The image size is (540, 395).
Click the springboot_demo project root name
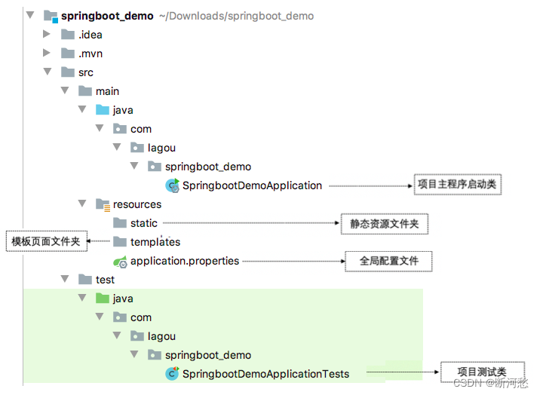107,16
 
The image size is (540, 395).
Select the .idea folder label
90,35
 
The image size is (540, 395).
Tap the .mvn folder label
90,54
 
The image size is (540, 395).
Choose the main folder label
107,91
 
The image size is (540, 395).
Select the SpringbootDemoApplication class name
252,185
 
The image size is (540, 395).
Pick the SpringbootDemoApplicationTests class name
265,374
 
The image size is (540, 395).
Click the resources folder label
137,204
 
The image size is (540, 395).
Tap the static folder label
144,223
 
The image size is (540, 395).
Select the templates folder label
155,242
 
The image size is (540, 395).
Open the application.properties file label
184,261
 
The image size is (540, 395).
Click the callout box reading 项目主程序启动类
458,184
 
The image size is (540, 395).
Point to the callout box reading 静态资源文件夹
384,224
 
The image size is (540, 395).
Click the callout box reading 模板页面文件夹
46,241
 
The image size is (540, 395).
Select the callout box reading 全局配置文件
388,262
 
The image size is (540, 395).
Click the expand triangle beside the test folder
65,280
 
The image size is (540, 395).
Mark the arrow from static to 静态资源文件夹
249,223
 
